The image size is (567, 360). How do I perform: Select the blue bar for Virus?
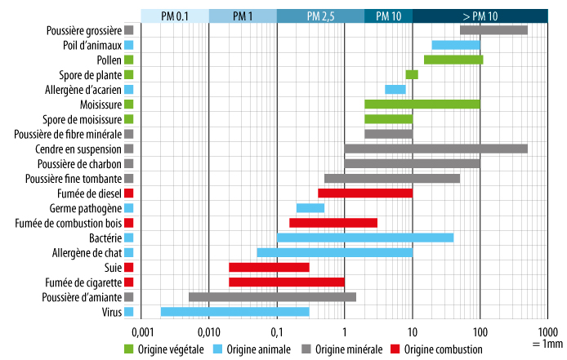[x=234, y=311]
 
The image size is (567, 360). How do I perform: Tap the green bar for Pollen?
[x=453, y=60]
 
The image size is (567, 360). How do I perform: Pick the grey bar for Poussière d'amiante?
[x=272, y=296]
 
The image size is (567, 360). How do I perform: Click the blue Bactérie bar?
[x=364, y=238]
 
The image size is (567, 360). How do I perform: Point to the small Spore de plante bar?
[x=412, y=74]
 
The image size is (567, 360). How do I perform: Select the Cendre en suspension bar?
[x=435, y=149]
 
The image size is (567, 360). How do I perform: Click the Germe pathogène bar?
[x=310, y=207]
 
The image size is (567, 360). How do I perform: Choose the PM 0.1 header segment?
[x=175, y=16]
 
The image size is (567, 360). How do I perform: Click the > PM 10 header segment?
[x=480, y=16]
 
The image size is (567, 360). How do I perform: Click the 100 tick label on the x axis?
[x=480, y=332]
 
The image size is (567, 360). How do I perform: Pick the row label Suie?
[x=113, y=267]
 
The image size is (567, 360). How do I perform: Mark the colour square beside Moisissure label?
[x=129, y=104]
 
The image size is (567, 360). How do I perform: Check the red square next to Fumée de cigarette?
[x=129, y=282]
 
